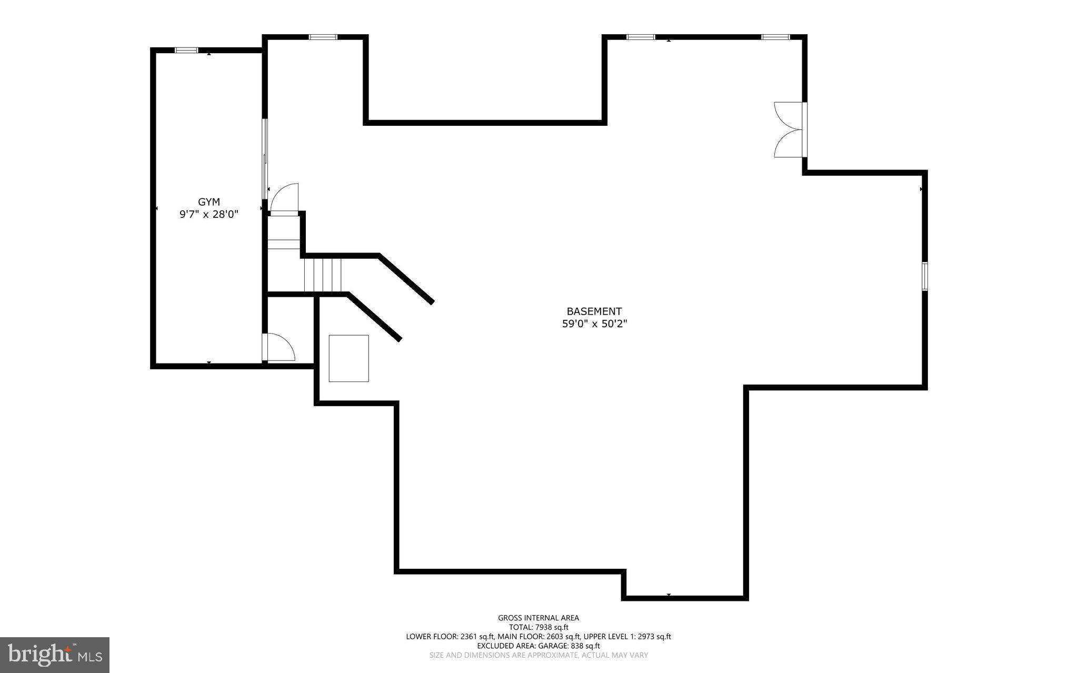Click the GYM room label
tap(209, 202)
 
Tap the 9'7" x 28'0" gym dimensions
tap(209, 214)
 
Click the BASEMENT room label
tap(594, 312)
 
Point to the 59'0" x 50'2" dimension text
tap(594, 324)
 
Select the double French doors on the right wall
tap(790, 129)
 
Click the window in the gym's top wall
tap(186, 50)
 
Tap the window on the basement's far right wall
tap(924, 276)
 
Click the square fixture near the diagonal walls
tap(348, 358)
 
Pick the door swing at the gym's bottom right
tap(280, 347)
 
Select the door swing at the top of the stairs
tap(284, 198)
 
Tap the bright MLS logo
tap(55, 655)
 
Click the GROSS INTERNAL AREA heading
tap(538, 618)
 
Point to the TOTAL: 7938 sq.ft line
tap(538, 627)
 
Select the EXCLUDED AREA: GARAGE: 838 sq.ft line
tap(538, 646)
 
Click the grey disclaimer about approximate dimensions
tap(538, 655)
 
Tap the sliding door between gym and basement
tap(265, 158)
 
